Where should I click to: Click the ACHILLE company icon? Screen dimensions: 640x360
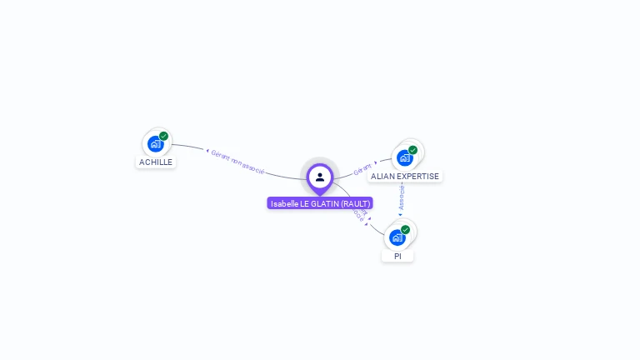pyautogui.click(x=155, y=143)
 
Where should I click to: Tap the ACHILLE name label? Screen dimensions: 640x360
pyautogui.click(x=156, y=162)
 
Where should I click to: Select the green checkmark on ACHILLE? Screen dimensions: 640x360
pyautogui.click(x=164, y=136)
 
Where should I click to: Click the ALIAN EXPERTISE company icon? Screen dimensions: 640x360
pyautogui.click(x=405, y=157)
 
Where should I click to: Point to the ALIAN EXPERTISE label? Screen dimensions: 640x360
pyautogui.click(x=405, y=177)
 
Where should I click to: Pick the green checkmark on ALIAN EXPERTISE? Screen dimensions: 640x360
pyautogui.click(x=413, y=150)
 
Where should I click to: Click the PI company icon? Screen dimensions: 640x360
pyautogui.click(x=397, y=237)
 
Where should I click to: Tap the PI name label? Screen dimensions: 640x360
pyautogui.click(x=397, y=257)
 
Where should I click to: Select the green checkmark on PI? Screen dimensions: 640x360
pyautogui.click(x=406, y=229)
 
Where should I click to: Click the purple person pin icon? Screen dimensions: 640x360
pyautogui.click(x=320, y=177)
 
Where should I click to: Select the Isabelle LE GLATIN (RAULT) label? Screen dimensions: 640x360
pyautogui.click(x=320, y=203)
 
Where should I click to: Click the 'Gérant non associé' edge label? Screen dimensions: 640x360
pyautogui.click(x=237, y=161)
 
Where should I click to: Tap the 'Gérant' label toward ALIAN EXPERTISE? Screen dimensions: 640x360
pyautogui.click(x=362, y=169)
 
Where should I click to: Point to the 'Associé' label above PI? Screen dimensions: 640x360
pyautogui.click(x=402, y=197)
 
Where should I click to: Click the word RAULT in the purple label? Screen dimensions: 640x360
pyautogui.click(x=355, y=203)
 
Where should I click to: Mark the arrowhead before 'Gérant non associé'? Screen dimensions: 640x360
pyautogui.click(x=207, y=151)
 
